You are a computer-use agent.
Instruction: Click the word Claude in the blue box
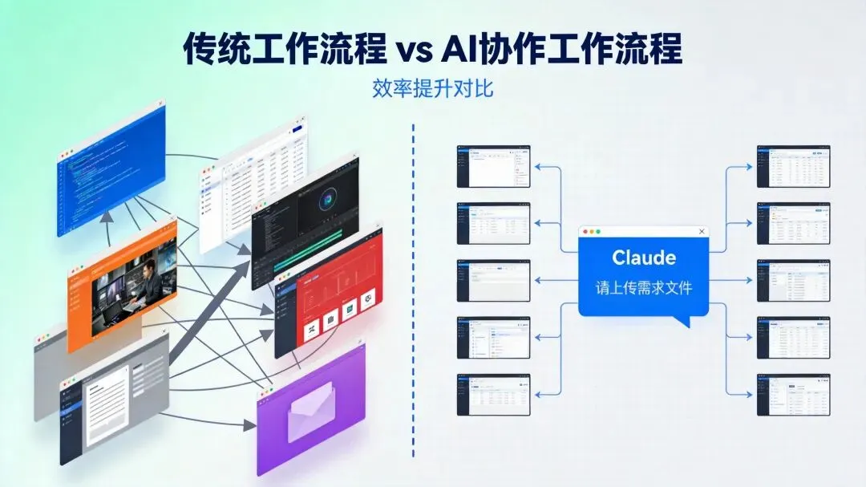point(644,258)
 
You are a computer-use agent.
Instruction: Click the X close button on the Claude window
point(702,232)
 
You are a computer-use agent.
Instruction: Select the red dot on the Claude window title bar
point(586,232)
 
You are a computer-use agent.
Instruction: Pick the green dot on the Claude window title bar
point(605,232)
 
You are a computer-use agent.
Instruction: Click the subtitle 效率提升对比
point(432,87)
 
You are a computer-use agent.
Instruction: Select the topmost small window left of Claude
point(493,166)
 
